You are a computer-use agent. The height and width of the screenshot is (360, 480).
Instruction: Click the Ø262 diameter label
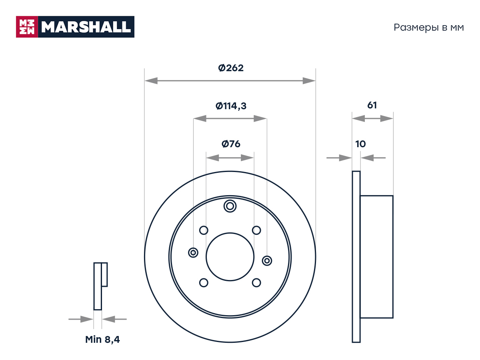coord(230,68)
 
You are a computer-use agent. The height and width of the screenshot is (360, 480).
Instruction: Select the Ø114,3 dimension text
coord(231,106)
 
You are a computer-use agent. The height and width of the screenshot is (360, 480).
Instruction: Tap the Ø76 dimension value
coord(231,144)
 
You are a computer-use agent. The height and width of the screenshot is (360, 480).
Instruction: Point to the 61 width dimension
coord(372,105)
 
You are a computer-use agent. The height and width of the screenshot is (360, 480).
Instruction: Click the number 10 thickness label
coord(360,144)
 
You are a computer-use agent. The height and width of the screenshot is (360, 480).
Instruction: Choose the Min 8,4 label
coord(102,340)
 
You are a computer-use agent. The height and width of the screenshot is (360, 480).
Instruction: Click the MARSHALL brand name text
coord(86,27)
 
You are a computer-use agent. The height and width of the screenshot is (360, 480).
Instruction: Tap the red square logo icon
coord(27,27)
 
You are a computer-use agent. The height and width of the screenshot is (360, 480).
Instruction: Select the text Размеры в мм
coord(429,28)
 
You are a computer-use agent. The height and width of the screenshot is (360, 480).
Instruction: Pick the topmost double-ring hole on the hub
coord(230,206)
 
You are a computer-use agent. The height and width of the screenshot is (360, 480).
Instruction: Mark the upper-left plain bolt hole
coord(204,230)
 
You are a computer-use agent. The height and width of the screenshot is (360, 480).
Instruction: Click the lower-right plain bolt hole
coord(256,283)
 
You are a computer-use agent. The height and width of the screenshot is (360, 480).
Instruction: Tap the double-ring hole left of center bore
coord(193,253)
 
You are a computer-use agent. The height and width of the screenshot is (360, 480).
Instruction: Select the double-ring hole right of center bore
coord(267,261)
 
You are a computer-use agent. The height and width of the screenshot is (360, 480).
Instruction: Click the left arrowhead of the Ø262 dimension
coord(151,81)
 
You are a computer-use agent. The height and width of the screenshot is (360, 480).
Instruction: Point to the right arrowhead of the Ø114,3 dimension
coord(260,118)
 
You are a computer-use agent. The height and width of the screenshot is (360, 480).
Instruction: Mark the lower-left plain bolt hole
coord(204,283)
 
